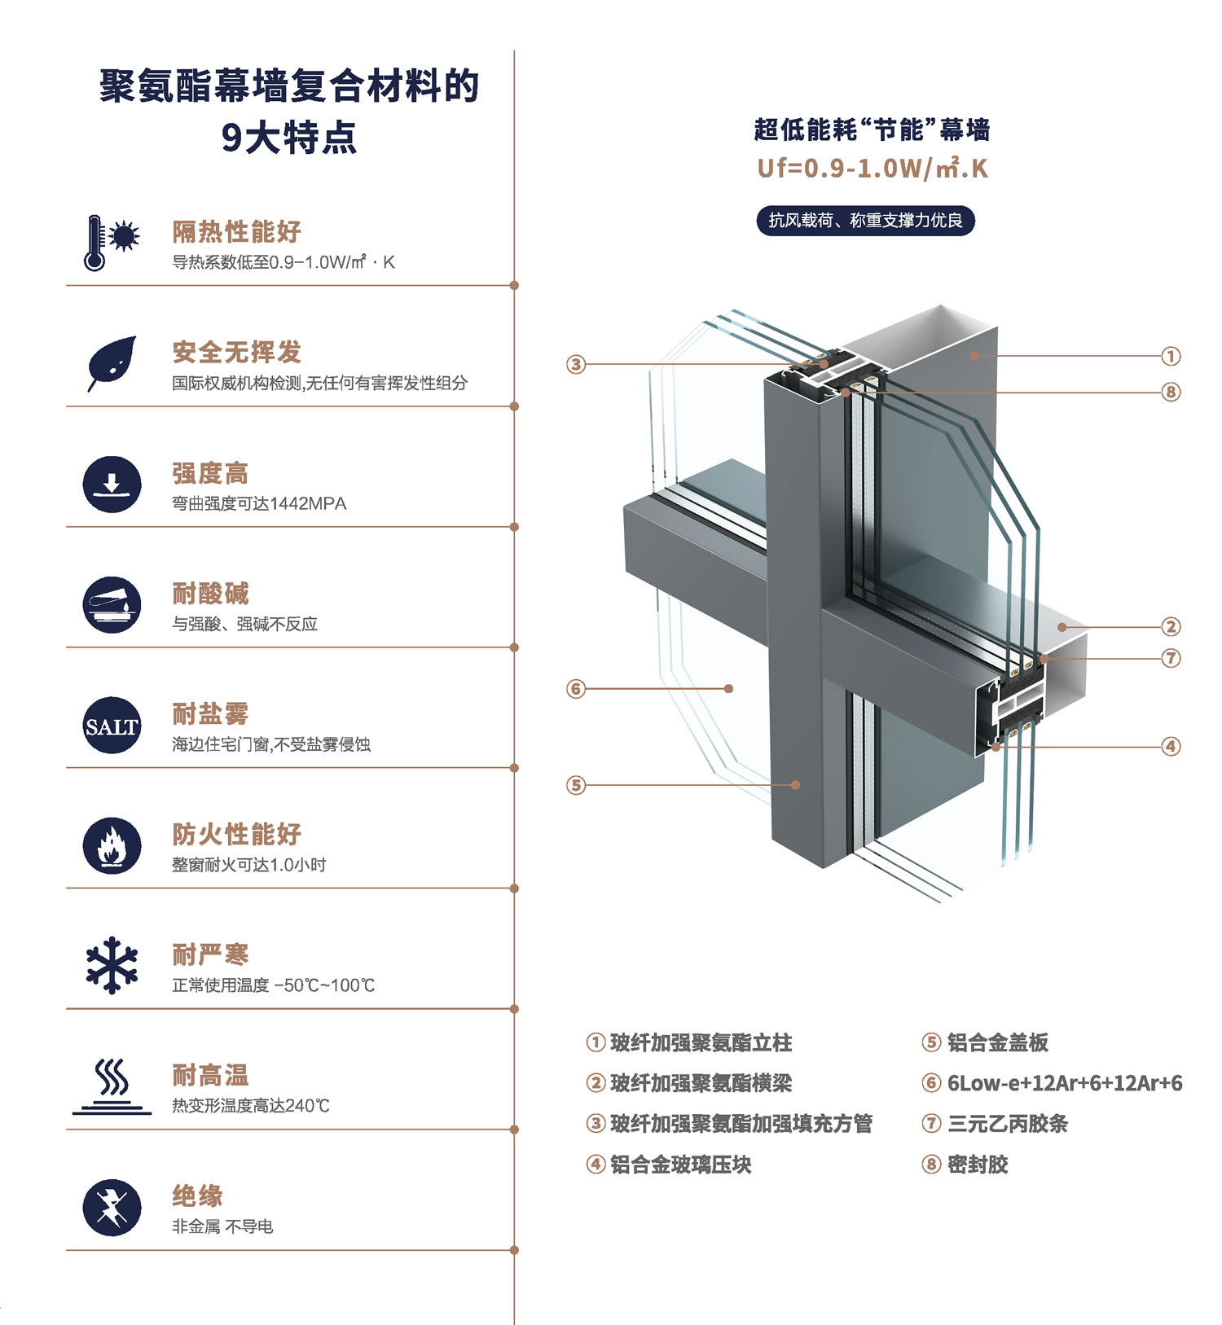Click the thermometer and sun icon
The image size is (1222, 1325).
[112, 243]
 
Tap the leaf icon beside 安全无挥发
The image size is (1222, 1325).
[112, 363]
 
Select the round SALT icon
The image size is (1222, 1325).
[112, 726]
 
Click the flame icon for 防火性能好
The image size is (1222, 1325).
[112, 846]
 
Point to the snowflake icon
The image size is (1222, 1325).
[112, 965]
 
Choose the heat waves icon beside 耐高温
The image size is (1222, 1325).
[112, 1086]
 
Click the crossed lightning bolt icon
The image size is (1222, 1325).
[112, 1208]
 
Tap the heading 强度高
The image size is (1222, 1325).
[210, 473]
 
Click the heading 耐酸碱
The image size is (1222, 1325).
[210, 594]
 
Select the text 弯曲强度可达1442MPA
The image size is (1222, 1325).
[259, 504]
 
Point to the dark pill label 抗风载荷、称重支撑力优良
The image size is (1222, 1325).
[865, 221]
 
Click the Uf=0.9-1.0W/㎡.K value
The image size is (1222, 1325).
[873, 169]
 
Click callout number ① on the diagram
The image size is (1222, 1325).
[1171, 356]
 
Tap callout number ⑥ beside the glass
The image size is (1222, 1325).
[576, 689]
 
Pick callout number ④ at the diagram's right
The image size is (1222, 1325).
[1171, 746]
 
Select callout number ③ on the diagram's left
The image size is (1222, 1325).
[576, 364]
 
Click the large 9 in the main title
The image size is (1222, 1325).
[232, 138]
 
